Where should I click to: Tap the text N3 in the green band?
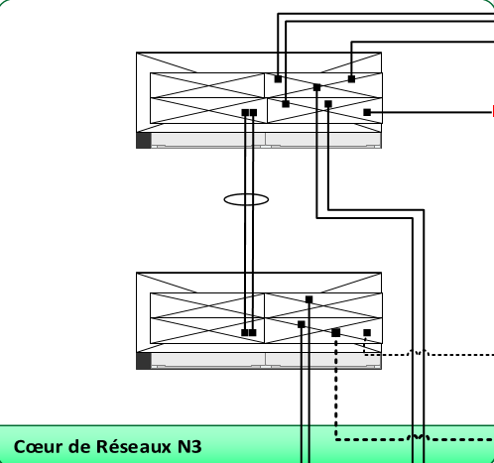click(x=189, y=446)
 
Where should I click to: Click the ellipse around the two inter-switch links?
click(x=246, y=194)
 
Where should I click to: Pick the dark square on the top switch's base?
click(x=144, y=140)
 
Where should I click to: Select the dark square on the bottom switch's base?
click(x=144, y=361)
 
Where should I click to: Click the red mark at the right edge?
click(x=493, y=111)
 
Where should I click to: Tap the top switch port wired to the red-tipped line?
click(x=367, y=112)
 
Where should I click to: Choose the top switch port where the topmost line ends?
click(x=278, y=79)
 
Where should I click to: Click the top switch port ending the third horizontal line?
click(x=351, y=79)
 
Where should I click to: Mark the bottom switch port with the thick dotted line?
click(x=336, y=333)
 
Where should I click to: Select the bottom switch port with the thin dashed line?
click(x=367, y=333)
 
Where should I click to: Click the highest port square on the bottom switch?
click(x=309, y=299)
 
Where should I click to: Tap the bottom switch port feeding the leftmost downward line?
click(x=302, y=324)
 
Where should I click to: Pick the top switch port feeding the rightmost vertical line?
click(x=328, y=104)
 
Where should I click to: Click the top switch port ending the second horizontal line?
click(x=286, y=104)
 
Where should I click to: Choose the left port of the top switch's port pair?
click(x=245, y=113)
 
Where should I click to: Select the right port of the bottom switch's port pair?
click(x=252, y=333)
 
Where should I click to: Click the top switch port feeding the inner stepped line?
click(x=316, y=87)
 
